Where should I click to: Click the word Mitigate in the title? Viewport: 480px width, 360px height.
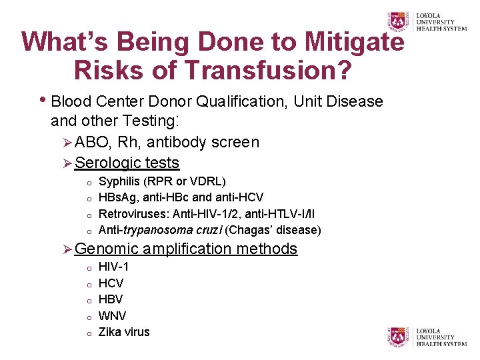[x=354, y=41]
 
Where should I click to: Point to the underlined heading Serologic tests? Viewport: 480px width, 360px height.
[x=127, y=163]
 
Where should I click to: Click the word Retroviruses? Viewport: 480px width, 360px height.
[x=133, y=214]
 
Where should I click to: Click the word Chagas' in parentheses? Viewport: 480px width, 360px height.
[x=249, y=231]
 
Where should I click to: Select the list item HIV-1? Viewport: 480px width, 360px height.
[x=113, y=267]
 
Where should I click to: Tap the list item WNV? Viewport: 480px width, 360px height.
[x=112, y=315]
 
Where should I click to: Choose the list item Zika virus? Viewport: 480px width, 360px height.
[x=124, y=332]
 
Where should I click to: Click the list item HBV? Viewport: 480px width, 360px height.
[x=111, y=299]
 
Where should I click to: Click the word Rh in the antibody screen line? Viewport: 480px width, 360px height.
[x=129, y=142]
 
